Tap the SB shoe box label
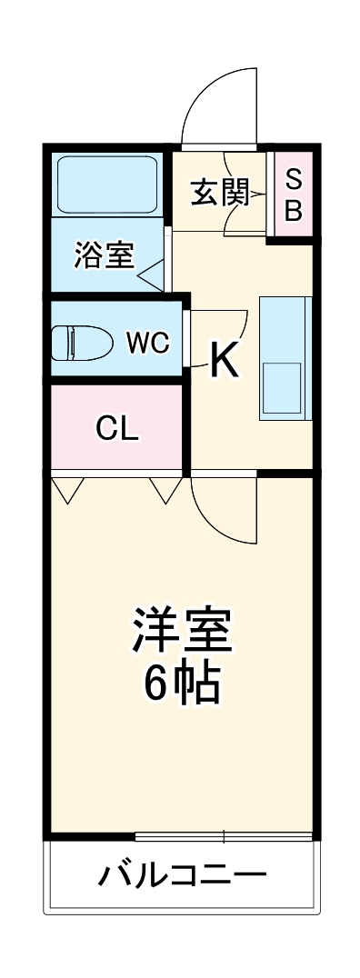tap(293, 195)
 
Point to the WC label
tap(147, 343)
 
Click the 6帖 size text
tap(182, 684)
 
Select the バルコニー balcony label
tap(182, 877)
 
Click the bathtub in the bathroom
tap(107, 184)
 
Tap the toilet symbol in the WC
tap(86, 344)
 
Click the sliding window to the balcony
tap(224, 835)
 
